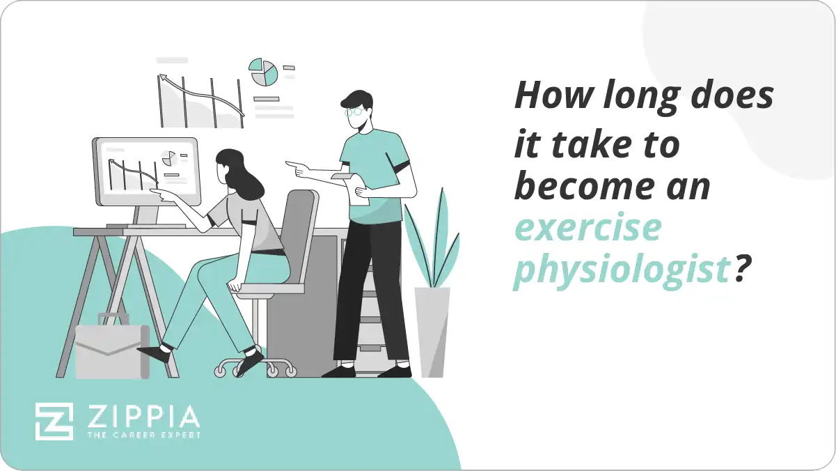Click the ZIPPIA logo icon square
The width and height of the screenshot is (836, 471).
[54, 422]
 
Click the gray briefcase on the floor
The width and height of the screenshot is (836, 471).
[111, 353]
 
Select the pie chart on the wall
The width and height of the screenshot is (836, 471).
[264, 72]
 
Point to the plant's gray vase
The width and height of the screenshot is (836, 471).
[432, 331]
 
